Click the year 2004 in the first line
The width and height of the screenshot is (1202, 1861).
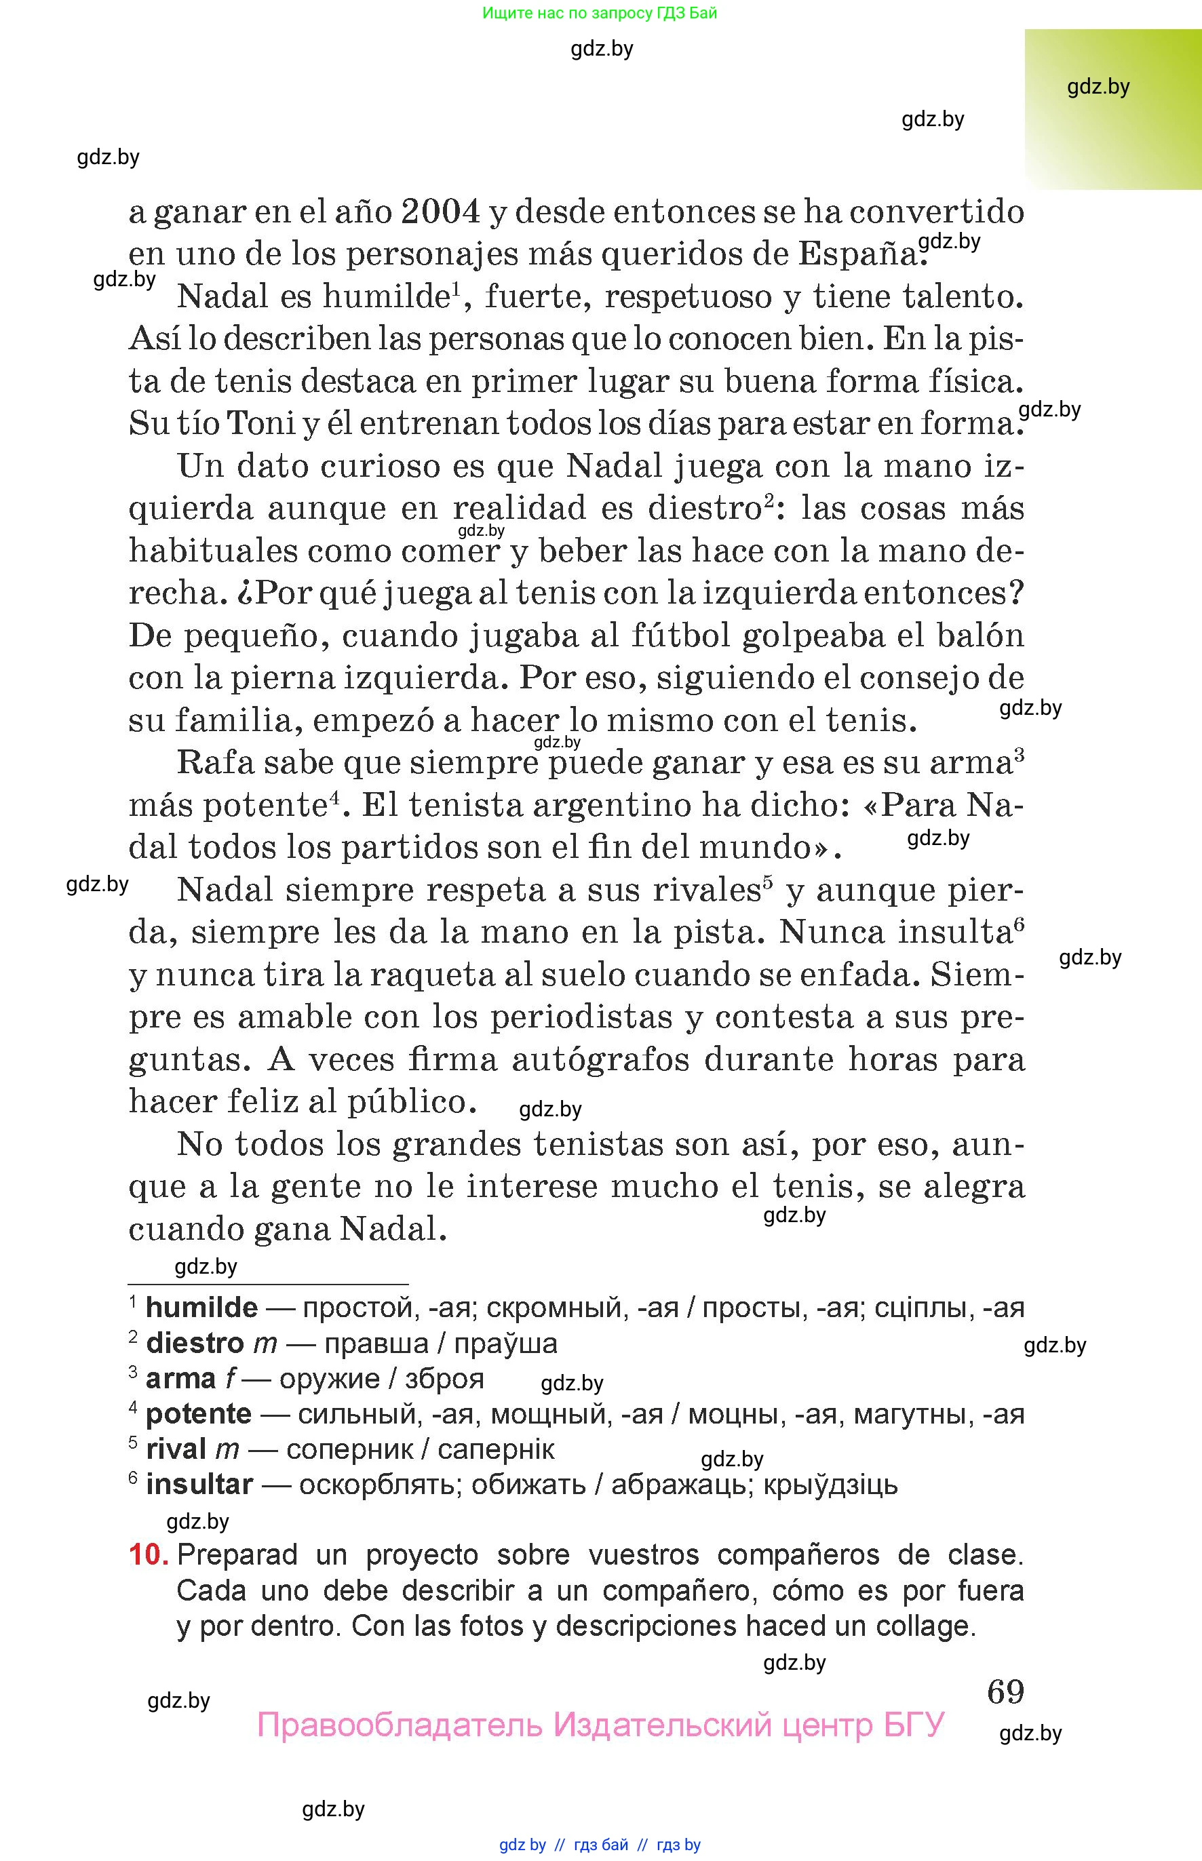click(x=440, y=212)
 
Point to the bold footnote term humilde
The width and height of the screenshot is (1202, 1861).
click(x=201, y=1307)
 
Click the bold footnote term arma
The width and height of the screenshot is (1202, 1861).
click(x=180, y=1378)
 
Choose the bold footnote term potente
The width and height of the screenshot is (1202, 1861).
click(x=198, y=1413)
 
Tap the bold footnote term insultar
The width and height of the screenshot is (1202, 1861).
click(x=199, y=1483)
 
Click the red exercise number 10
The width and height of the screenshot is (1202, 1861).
click(x=147, y=1554)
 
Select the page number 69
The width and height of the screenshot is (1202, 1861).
click(x=1005, y=1691)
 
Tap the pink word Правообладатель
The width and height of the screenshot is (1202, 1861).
click(x=399, y=1725)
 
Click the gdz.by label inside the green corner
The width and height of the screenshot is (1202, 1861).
click(x=1098, y=87)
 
